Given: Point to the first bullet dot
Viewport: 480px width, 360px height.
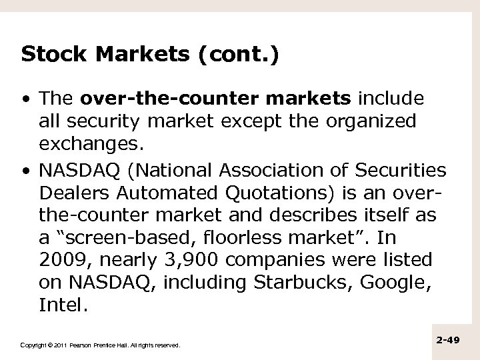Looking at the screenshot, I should point(26,100).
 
